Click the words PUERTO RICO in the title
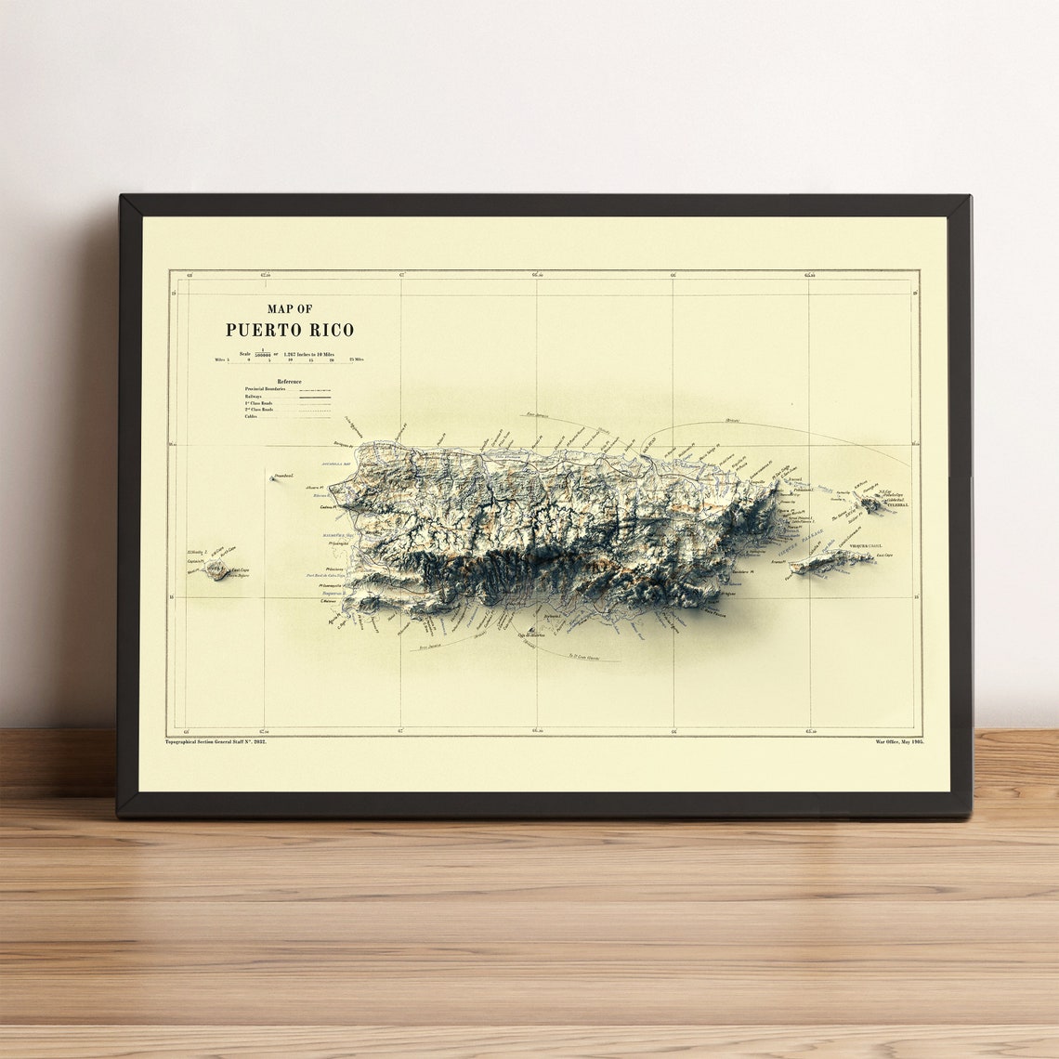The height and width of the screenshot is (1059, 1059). click(290, 330)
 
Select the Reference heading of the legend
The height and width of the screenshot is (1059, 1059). click(289, 381)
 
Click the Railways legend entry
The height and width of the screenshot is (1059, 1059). click(254, 396)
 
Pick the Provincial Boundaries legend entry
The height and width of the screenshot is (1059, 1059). click(266, 388)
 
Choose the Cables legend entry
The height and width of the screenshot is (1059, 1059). click(251, 416)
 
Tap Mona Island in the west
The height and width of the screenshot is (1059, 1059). click(219, 569)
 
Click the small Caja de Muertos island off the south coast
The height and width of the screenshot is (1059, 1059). click(530, 631)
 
